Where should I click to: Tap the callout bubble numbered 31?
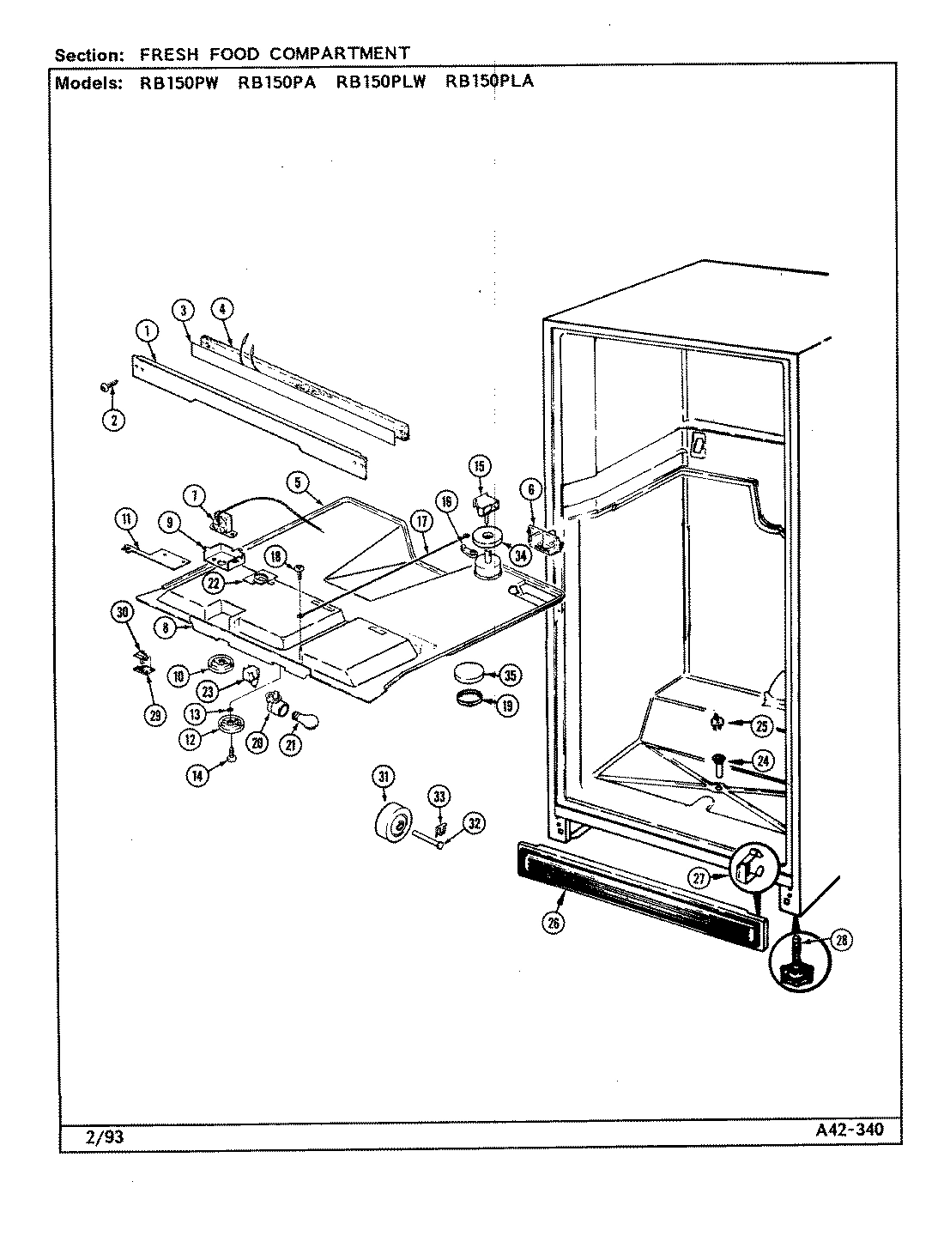tap(382, 777)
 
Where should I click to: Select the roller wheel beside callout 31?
tap(393, 827)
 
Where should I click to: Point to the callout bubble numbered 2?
tap(113, 420)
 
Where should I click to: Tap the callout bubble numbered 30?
tap(123, 611)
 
